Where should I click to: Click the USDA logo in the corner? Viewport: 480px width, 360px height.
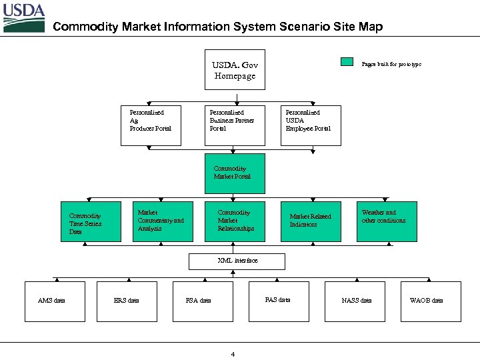[24, 18]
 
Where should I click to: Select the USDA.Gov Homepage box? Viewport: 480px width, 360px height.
[235, 70]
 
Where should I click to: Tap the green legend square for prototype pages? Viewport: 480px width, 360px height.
[347, 63]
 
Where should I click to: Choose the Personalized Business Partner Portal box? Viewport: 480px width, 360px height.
[235, 125]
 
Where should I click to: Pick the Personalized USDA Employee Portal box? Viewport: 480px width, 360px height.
[311, 125]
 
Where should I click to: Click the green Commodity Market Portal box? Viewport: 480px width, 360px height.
[235, 173]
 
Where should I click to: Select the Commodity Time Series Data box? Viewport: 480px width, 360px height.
[91, 221]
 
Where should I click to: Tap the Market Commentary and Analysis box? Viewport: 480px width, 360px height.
[163, 221]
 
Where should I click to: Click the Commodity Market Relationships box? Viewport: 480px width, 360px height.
[235, 221]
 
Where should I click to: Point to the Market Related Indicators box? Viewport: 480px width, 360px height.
[311, 221]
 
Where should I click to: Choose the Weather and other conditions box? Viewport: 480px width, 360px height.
[386, 221]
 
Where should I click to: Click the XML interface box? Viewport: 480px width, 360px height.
[237, 261]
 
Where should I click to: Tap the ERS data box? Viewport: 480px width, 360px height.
[127, 301]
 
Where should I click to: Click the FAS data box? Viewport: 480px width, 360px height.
[278, 301]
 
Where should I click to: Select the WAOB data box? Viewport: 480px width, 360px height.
[430, 301]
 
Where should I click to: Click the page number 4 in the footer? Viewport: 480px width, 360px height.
[233, 354]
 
